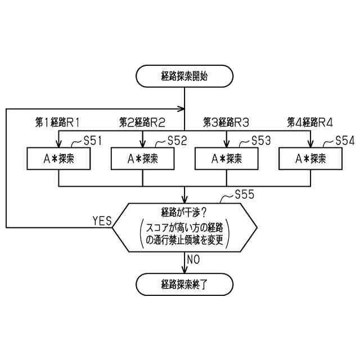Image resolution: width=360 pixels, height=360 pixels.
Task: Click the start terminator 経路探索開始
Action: click(184, 76)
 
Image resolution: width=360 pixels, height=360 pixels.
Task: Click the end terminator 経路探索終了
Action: click(184, 284)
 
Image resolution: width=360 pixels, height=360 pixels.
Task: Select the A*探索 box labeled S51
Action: click(59, 159)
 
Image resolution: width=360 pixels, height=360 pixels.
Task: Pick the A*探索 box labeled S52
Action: click(143, 159)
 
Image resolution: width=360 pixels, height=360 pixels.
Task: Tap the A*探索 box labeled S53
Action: click(227, 159)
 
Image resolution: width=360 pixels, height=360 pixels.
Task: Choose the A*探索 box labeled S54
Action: click(310, 159)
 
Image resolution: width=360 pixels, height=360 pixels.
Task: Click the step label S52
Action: click(177, 141)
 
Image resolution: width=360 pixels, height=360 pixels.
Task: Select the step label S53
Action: click(260, 141)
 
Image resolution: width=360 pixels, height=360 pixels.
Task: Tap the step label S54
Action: click(345, 141)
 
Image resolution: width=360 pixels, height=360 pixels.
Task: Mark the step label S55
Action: click(244, 195)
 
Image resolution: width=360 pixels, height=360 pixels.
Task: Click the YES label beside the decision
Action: click(102, 220)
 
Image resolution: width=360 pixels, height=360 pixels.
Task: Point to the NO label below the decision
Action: click(194, 259)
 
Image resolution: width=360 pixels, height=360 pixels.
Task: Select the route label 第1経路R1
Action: click(58, 122)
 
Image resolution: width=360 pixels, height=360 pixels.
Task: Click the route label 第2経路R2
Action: click(142, 122)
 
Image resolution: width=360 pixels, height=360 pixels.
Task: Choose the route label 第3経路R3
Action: click(226, 122)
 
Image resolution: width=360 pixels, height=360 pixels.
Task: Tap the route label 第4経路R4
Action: click(310, 122)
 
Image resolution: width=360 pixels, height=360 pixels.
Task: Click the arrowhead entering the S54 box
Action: click(310, 143)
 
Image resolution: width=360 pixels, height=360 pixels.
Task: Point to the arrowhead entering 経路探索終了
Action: click(184, 270)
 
